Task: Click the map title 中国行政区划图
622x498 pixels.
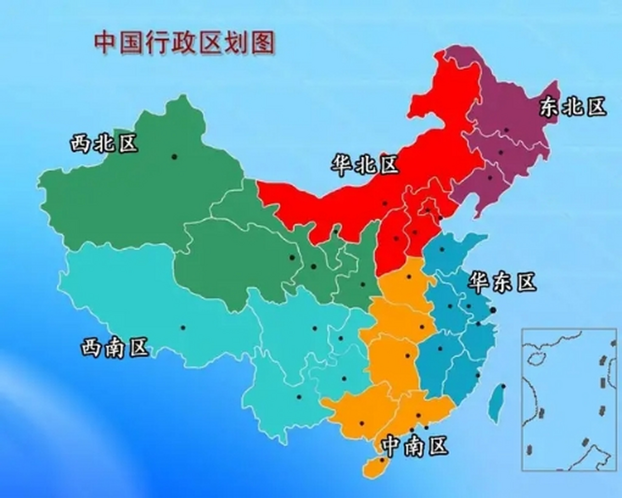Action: (x=184, y=42)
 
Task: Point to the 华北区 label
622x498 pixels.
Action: (x=364, y=164)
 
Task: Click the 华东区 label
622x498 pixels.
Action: (x=502, y=282)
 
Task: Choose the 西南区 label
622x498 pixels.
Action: (x=115, y=347)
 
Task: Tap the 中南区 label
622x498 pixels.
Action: (x=415, y=446)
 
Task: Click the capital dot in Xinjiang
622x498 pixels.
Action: (x=174, y=157)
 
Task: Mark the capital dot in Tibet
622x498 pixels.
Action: (x=183, y=328)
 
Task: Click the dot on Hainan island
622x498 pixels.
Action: (x=382, y=460)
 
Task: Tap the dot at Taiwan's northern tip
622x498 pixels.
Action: (x=503, y=386)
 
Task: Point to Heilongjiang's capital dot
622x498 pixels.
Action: (x=506, y=130)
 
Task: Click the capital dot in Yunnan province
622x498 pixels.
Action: (x=299, y=397)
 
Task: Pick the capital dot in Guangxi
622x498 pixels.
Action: (x=362, y=423)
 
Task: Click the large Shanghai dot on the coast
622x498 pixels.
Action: (x=493, y=310)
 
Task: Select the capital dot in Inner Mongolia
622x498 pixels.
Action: (x=385, y=203)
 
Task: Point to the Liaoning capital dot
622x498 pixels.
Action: (x=490, y=178)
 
